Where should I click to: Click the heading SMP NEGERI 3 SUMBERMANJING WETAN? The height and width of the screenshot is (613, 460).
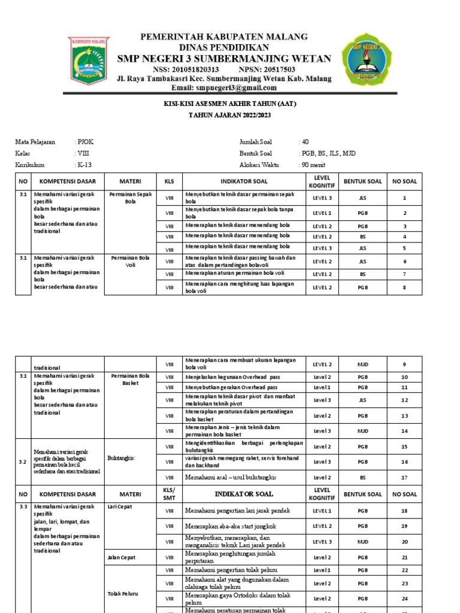[223, 58]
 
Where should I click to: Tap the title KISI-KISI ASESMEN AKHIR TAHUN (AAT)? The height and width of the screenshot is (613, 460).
[230, 104]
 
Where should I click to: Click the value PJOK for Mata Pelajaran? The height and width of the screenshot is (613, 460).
[85, 142]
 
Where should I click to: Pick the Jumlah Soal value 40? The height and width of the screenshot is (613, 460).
[305, 142]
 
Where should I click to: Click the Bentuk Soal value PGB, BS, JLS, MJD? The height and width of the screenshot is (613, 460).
[329, 153]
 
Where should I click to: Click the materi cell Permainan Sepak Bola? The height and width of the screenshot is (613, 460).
[130, 198]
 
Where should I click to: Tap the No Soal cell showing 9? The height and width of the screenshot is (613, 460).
[404, 364]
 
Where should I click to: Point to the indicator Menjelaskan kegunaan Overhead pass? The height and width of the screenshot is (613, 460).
[232, 377]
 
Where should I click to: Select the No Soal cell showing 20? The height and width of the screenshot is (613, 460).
[404, 541]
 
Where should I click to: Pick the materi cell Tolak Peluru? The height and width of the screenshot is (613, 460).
[122, 593]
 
